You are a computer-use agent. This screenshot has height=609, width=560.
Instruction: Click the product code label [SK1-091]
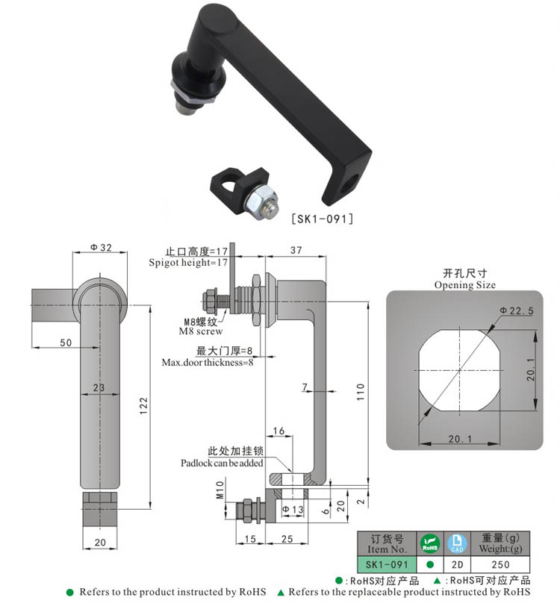click(x=321, y=219)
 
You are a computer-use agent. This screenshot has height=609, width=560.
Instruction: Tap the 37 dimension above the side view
click(x=296, y=251)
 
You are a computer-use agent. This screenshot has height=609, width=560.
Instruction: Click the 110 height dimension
click(x=360, y=389)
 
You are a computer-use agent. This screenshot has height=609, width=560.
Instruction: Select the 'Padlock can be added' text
click(x=222, y=463)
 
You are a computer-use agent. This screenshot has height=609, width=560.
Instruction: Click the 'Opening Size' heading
click(x=464, y=285)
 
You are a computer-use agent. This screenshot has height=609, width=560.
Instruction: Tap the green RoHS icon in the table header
click(x=429, y=543)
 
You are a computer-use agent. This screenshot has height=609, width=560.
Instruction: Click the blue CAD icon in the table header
click(x=455, y=543)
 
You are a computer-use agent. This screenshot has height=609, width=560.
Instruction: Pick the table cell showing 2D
click(x=455, y=565)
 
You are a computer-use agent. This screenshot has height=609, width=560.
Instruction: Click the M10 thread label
click(x=220, y=490)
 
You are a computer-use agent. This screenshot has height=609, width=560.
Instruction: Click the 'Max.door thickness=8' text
click(x=208, y=363)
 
